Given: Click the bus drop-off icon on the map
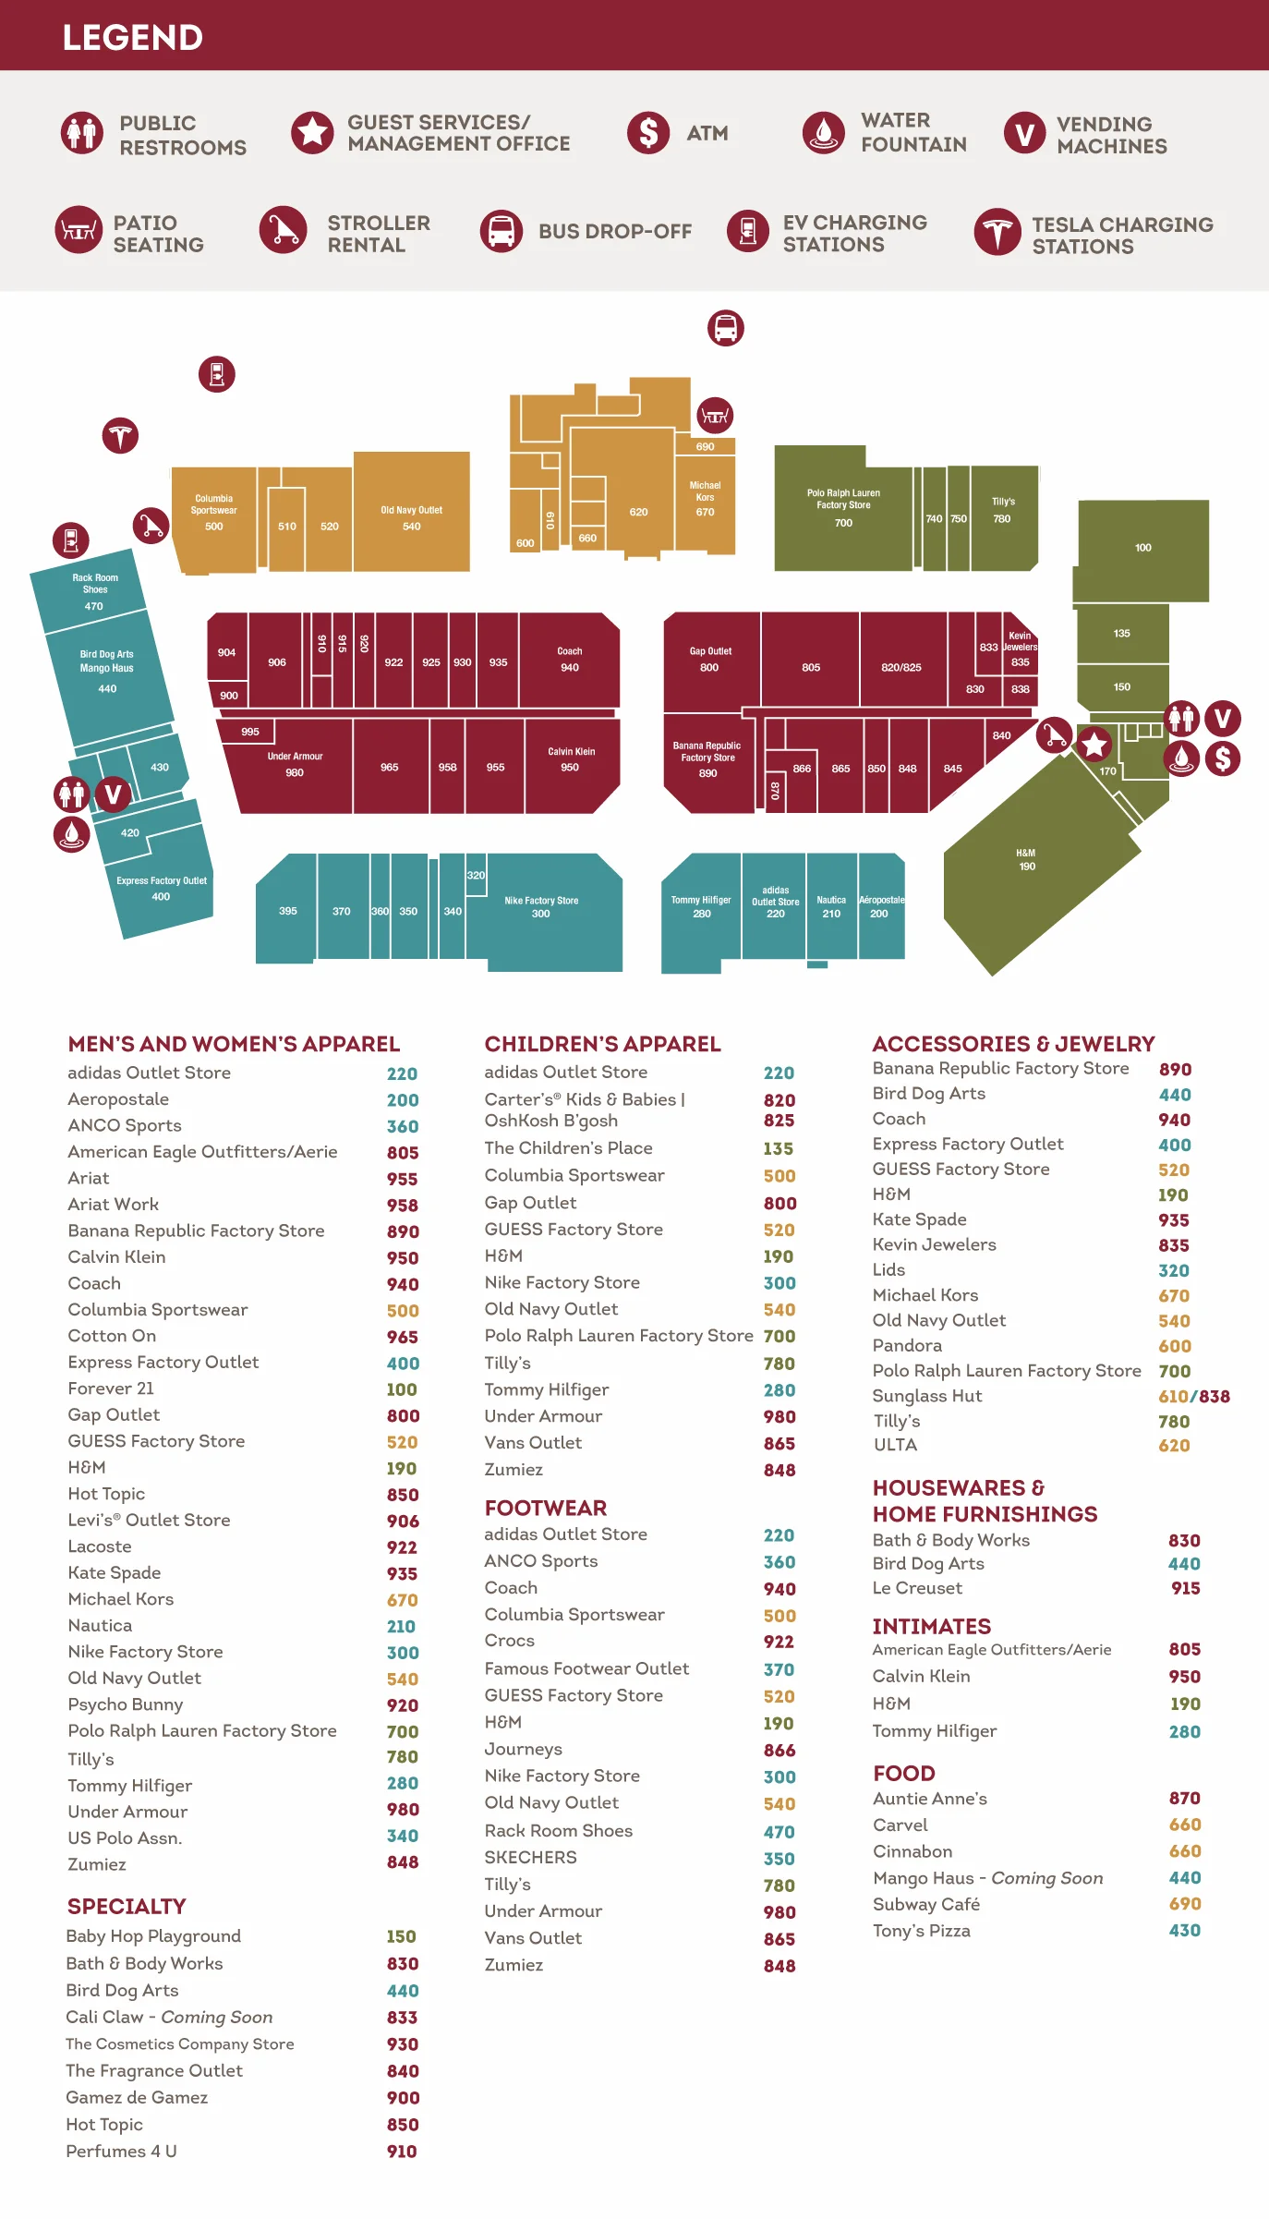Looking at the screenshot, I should pyautogui.click(x=726, y=328).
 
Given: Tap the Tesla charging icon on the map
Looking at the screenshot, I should pyautogui.click(x=120, y=435).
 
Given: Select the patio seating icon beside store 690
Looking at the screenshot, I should pyautogui.click(x=715, y=416).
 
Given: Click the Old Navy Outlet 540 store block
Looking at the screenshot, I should pyautogui.click(x=411, y=513).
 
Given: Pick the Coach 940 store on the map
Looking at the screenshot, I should pyautogui.click(x=569, y=660).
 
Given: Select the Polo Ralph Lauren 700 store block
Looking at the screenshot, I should pyautogui.click(x=842, y=510).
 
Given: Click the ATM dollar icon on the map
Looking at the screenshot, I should pyautogui.click(x=1223, y=758).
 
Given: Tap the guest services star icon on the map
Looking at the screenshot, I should pyautogui.click(x=1094, y=744).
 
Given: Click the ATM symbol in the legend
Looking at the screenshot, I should pyautogui.click(x=648, y=133).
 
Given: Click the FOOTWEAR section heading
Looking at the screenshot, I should pyautogui.click(x=545, y=1508).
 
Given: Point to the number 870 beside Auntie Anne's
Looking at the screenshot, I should pyautogui.click(x=1184, y=1798).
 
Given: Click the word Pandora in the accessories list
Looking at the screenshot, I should pyautogui.click(x=907, y=1345).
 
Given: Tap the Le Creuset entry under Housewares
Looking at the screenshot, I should pyautogui.click(x=917, y=1587).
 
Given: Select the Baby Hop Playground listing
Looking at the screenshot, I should pyautogui.click(x=153, y=1935).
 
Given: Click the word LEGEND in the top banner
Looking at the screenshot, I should pyautogui.click(x=132, y=37).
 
